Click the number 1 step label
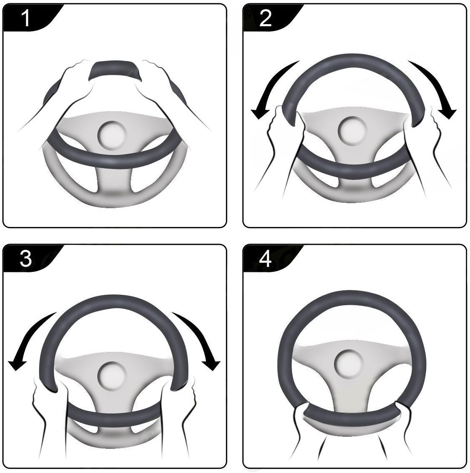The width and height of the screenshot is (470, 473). click(x=26, y=18)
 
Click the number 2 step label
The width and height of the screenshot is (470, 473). click(x=265, y=18)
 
